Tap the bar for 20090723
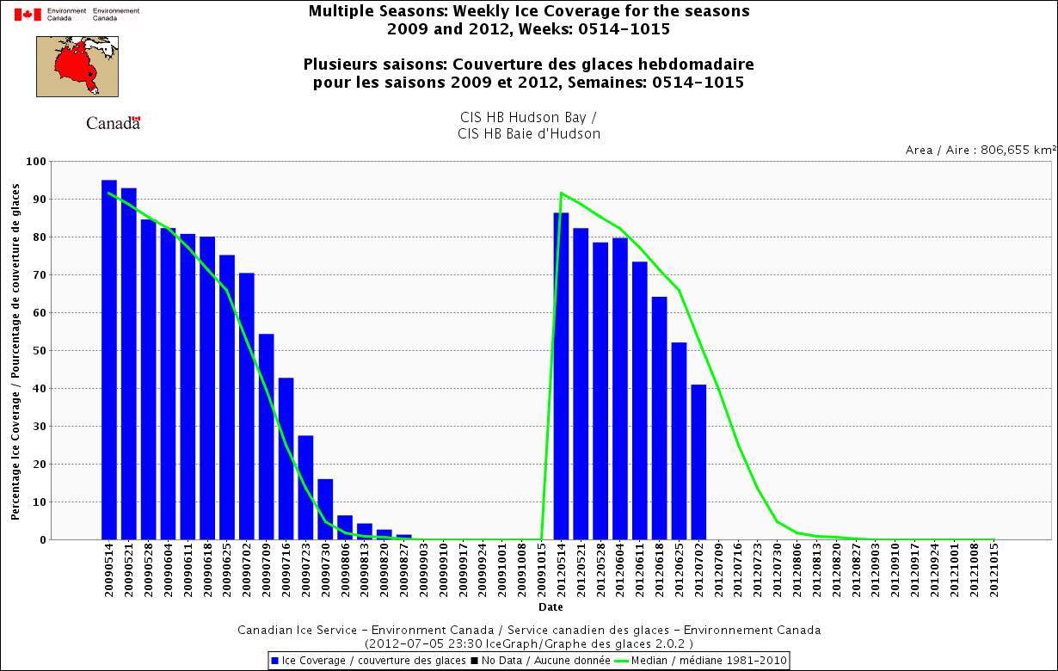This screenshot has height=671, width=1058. click(305, 487)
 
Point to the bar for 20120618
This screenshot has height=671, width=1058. click(659, 418)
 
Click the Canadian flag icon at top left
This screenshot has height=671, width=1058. click(28, 14)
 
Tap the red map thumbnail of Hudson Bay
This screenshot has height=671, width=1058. click(77, 66)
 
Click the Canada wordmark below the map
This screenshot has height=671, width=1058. click(113, 123)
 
